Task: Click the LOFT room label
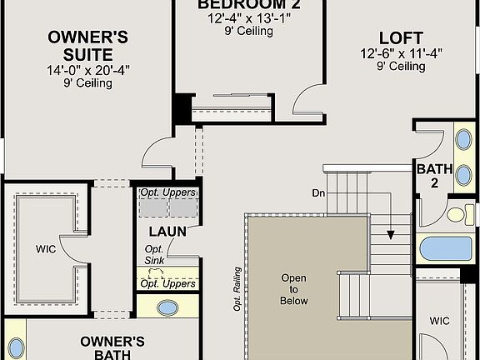point(401,38)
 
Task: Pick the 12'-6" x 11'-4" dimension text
point(401,54)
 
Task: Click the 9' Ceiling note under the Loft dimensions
point(401,67)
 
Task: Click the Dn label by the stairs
point(318,192)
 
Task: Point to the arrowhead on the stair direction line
point(390,236)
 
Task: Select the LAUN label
point(167,231)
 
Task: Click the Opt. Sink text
point(155,255)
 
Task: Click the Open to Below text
point(293,289)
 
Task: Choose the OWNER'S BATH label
point(112,347)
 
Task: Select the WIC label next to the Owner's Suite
point(45,248)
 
